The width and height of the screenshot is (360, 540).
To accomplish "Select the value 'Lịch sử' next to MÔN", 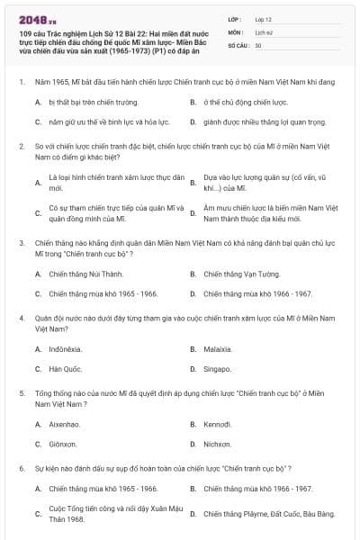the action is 264,31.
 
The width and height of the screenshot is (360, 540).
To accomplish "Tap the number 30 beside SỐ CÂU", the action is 258,44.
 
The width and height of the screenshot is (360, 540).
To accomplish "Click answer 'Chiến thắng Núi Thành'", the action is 85,274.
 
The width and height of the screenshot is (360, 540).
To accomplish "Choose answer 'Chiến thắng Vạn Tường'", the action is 236,274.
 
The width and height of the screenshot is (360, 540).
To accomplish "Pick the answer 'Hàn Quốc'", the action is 66,369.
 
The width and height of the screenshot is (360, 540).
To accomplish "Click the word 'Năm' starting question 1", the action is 43,82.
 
